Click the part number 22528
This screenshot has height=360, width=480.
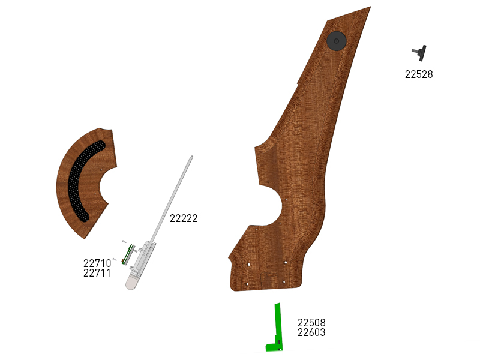pos(419,74)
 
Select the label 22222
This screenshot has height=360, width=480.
pos(184,218)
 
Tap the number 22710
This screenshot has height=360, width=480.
pos(97,263)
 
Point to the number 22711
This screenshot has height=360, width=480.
pos(97,273)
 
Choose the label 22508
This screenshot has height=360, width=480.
pos(311,323)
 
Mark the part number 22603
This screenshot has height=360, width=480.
pos(311,332)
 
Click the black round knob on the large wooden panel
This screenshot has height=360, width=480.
pos(337,41)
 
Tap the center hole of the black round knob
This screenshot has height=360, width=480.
pos(337,41)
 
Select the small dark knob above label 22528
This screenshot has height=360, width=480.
pos(419,53)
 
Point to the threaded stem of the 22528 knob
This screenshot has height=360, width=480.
pos(415,51)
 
